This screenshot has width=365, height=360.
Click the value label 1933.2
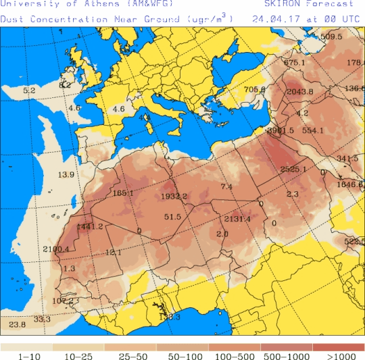(174, 197)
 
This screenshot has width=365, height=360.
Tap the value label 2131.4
(237, 219)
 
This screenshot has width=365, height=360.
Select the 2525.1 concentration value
(293, 169)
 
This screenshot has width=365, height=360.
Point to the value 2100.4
(55, 249)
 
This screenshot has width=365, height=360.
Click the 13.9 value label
(66, 175)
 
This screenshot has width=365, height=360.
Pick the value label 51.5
(172, 217)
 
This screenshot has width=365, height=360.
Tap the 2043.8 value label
(300, 92)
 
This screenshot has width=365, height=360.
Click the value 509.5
(331, 36)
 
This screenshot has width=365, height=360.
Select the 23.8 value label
(18, 325)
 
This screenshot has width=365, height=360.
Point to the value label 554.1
(313, 130)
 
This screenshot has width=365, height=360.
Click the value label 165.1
(123, 193)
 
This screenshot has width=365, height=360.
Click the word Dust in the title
(13, 19)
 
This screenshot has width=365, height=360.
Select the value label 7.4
(226, 186)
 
